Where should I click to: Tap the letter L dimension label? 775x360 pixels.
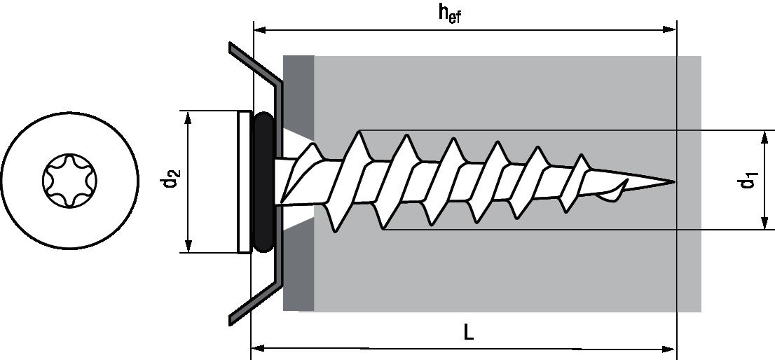click(x=469, y=332)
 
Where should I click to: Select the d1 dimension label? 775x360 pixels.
click(x=748, y=181)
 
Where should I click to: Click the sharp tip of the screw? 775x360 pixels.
click(x=673, y=182)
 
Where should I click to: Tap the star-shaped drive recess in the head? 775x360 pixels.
click(x=67, y=181)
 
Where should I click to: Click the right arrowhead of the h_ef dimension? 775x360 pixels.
click(x=670, y=30)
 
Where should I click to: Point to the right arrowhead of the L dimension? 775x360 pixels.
click(x=670, y=347)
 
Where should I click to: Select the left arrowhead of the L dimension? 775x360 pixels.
click(x=258, y=347)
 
